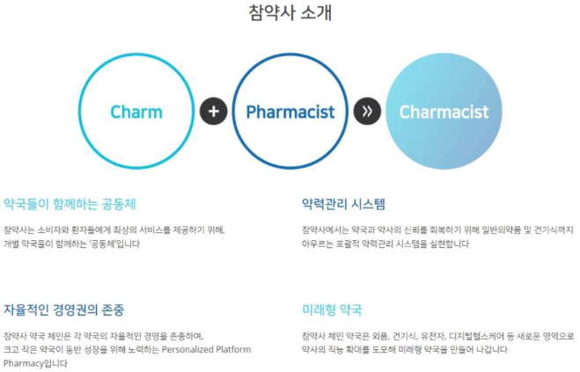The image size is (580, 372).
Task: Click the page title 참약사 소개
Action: point(290,13)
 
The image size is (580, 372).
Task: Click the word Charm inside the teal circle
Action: point(136,112)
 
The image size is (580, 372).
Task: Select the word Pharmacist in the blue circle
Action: point(290,112)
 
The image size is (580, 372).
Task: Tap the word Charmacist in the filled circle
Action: point(444,112)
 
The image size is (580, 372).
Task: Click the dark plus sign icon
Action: point(213,112)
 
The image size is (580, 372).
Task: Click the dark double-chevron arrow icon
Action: point(367,112)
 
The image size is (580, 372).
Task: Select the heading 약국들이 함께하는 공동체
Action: point(70,204)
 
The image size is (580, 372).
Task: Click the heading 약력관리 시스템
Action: point(343,204)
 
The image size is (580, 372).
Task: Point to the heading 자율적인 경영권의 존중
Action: point(63,310)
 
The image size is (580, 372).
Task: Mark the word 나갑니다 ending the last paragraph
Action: point(491,349)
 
